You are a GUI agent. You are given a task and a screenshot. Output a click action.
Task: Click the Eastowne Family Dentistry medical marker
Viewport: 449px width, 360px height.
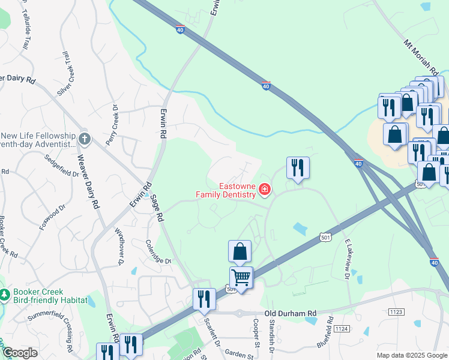[x=264, y=190]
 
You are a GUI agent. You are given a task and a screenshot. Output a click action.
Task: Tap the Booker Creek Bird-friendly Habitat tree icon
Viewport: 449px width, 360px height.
[x=5, y=295]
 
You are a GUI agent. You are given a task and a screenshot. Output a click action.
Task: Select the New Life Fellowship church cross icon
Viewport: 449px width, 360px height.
[x=85, y=139]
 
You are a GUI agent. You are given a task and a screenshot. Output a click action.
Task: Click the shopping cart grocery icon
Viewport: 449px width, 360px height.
[x=241, y=278]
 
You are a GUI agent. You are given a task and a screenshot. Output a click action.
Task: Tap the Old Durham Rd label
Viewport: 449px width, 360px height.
[x=290, y=313]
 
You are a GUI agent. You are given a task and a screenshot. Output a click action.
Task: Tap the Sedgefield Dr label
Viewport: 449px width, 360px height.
[x=62, y=166]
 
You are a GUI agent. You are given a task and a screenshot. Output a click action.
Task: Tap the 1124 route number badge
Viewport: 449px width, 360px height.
[x=342, y=328]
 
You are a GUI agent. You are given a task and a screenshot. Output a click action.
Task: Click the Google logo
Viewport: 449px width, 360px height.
[x=20, y=353]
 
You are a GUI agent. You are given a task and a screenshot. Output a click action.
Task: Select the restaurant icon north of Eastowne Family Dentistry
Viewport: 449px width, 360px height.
[x=298, y=167]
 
